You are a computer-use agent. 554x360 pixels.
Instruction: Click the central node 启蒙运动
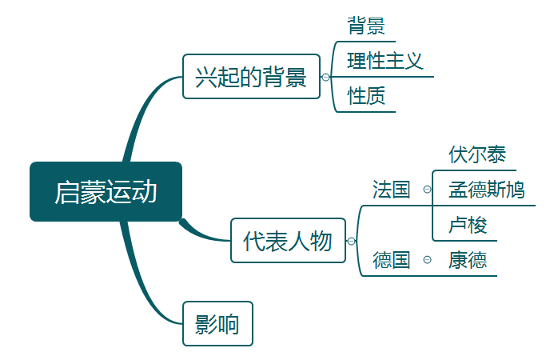tap(106, 192)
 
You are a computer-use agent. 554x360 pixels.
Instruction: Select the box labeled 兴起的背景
tap(251, 77)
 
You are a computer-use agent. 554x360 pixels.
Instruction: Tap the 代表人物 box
tap(288, 241)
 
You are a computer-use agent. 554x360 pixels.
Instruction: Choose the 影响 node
tap(217, 324)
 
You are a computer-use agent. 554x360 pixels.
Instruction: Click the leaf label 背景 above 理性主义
tap(366, 26)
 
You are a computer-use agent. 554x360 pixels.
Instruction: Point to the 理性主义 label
tap(385, 61)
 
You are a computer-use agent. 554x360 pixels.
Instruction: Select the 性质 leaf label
tap(366, 97)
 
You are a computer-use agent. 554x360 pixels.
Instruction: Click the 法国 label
tap(391, 190)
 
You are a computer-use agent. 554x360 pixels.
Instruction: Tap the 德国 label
tap(391, 260)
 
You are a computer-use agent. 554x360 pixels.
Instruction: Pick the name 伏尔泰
tap(477, 154)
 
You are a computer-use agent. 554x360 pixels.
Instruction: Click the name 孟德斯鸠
tap(486, 190)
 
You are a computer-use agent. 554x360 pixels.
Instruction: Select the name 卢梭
tap(468, 225)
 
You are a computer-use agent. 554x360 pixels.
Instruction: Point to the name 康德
tap(468, 260)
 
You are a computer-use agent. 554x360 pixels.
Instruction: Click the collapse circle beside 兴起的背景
tap(325, 78)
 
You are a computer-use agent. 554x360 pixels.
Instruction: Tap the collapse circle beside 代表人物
tap(351, 241)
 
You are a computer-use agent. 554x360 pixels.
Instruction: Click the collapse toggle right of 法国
tap(427, 190)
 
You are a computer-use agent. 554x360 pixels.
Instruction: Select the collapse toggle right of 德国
tap(427, 260)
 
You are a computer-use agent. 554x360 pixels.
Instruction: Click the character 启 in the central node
tap(67, 193)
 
